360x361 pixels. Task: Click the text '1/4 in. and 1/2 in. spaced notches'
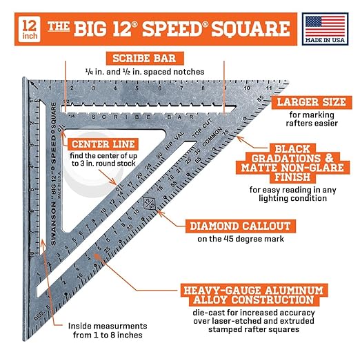pos(144,71)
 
